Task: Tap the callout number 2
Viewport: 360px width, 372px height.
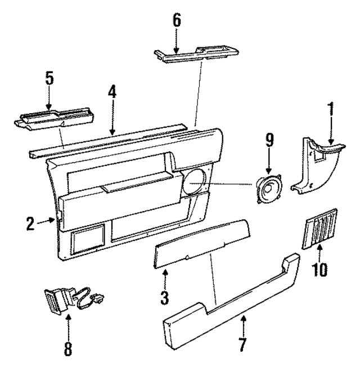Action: click(30, 224)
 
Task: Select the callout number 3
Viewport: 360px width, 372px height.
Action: click(164, 298)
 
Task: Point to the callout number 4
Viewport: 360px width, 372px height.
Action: click(112, 92)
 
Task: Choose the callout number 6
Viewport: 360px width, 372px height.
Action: click(177, 20)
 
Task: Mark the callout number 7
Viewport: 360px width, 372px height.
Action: click(242, 344)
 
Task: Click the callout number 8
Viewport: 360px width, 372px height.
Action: click(68, 349)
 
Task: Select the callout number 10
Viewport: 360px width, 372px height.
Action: click(319, 270)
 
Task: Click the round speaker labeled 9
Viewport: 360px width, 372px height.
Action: click(269, 189)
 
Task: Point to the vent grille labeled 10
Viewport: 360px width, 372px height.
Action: click(319, 229)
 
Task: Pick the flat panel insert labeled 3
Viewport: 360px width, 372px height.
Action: click(202, 243)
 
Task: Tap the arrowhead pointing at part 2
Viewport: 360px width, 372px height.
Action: click(52, 220)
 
